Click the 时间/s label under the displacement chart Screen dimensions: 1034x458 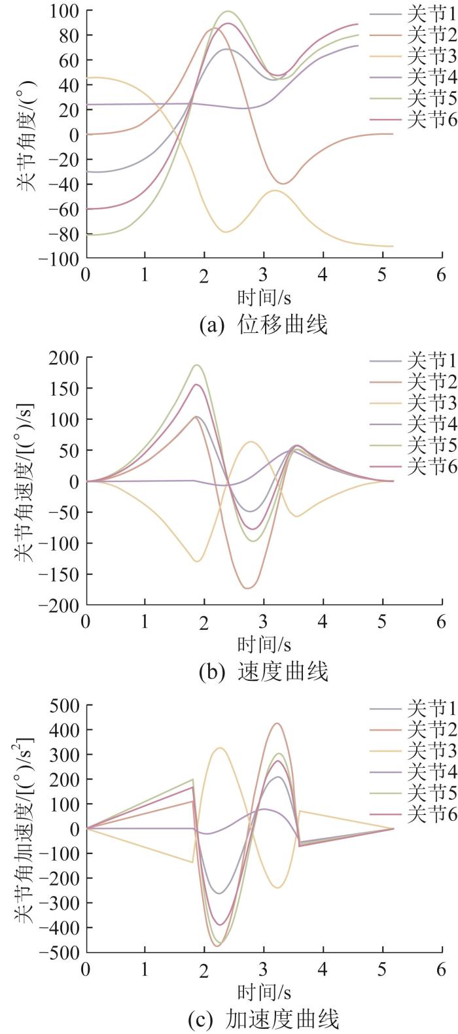[263, 298]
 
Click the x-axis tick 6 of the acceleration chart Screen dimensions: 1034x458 [441, 969]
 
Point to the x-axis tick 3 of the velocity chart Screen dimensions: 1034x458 [263, 621]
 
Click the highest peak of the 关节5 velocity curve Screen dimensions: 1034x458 [197, 365]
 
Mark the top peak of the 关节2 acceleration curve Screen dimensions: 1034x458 [277, 723]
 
